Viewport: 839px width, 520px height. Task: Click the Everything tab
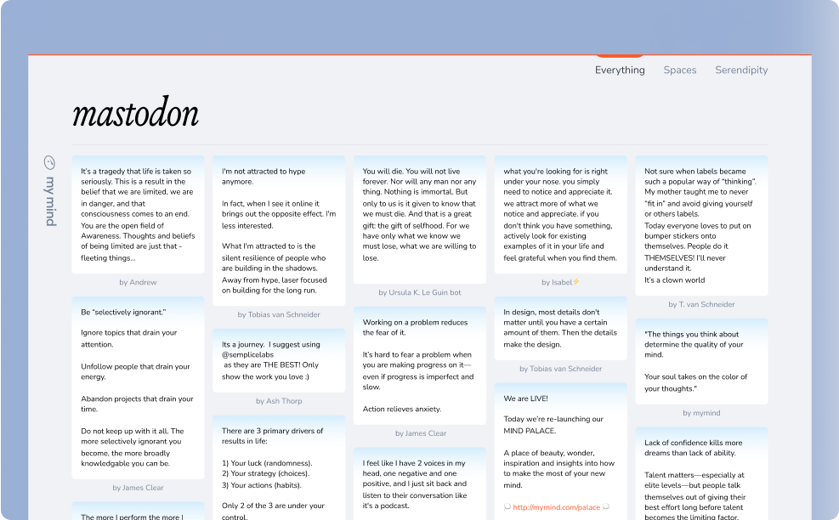click(620, 70)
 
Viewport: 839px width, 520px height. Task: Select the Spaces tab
click(680, 70)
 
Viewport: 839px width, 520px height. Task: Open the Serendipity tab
click(741, 70)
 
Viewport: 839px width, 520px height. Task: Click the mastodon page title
click(136, 114)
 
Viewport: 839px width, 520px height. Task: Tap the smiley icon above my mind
click(49, 162)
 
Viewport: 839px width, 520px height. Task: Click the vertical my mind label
click(49, 201)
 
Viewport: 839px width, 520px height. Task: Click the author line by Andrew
click(138, 282)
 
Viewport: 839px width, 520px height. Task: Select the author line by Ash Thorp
click(279, 401)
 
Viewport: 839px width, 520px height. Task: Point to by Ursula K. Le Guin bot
click(420, 292)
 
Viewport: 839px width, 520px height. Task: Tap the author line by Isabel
click(560, 282)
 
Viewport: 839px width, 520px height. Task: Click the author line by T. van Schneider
click(701, 304)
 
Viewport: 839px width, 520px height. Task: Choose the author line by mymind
click(701, 413)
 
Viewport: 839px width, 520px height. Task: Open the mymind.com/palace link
click(557, 507)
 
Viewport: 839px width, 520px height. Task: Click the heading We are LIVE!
click(526, 398)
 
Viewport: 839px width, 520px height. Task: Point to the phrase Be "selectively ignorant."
click(124, 311)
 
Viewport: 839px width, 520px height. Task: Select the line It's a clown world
click(675, 280)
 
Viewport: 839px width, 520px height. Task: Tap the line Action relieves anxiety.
click(403, 409)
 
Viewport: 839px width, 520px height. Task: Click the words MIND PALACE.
click(531, 430)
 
